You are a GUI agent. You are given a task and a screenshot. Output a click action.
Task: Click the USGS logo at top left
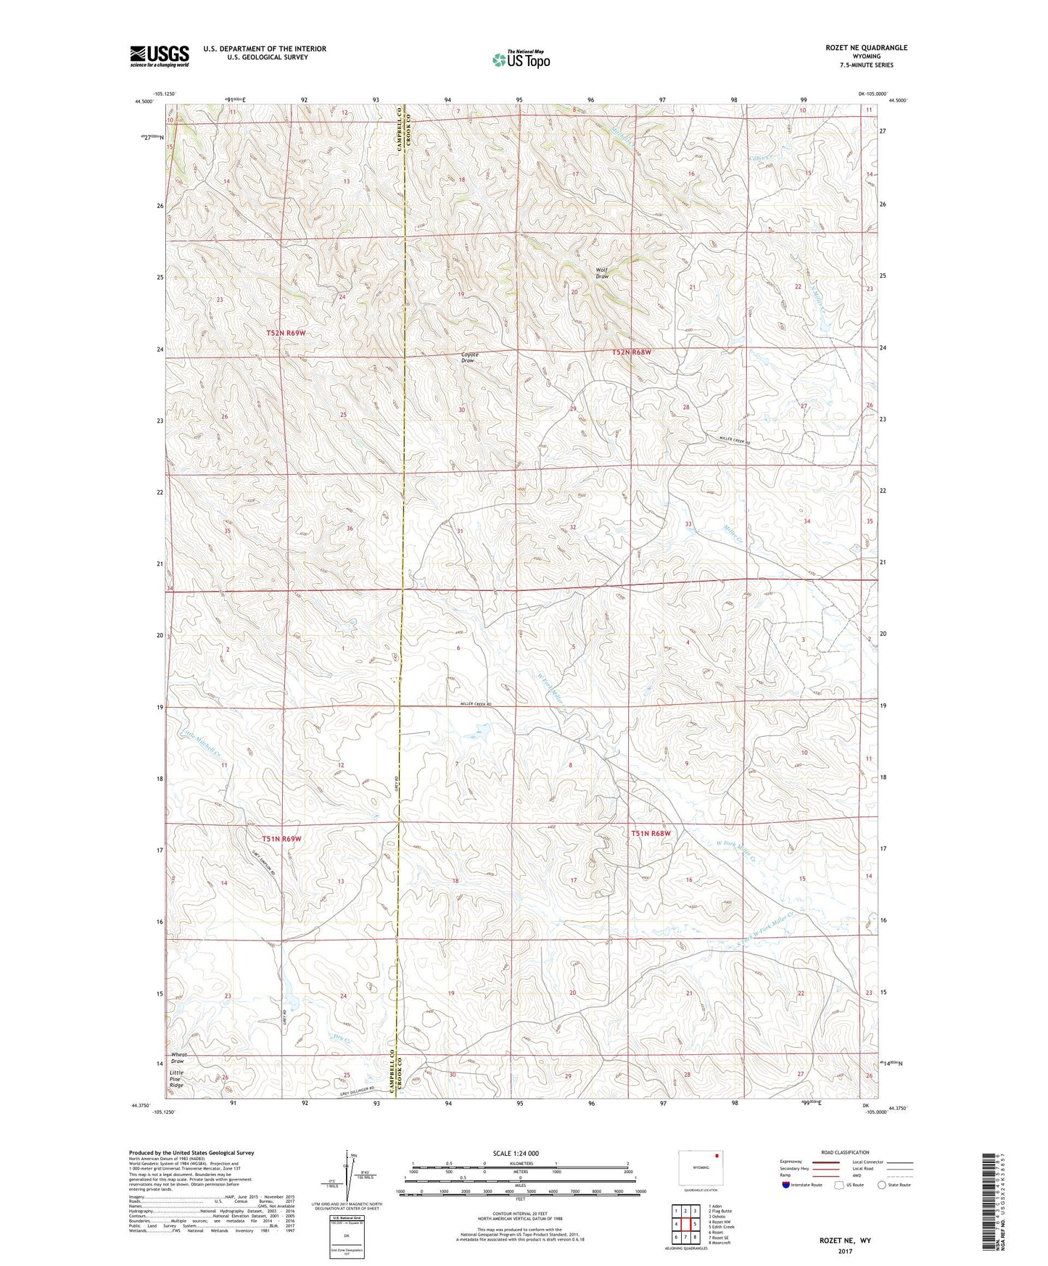coord(159,56)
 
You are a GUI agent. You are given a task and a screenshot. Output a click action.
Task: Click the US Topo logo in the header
coord(521,59)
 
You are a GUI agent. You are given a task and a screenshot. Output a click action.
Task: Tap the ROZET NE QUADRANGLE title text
coord(866,48)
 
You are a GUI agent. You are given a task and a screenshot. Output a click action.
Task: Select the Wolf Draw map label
coord(602,273)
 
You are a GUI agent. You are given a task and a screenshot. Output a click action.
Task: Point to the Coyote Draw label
coord(469,357)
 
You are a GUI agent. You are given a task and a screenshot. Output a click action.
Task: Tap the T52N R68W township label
coord(631,352)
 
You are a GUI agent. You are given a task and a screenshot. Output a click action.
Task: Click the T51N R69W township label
coord(281,839)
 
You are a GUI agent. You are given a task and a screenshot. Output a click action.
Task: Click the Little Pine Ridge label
coord(176,1078)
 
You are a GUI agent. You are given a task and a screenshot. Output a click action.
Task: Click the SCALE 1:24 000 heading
coord(515,1153)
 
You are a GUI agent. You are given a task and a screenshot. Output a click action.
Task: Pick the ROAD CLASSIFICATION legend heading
coord(844,1152)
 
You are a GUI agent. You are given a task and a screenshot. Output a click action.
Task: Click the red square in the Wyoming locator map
coord(717,1157)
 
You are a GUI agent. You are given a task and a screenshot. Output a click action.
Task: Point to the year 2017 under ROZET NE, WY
coord(845,1251)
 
